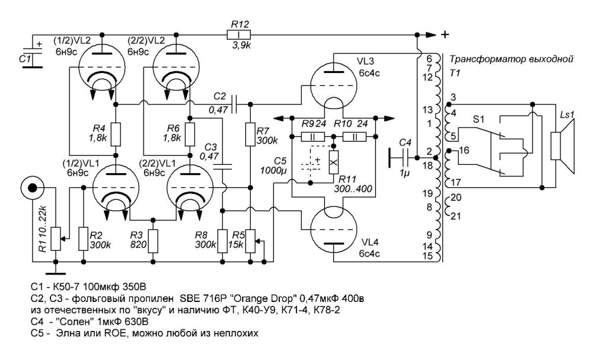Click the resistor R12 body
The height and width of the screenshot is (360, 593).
coord(240,34)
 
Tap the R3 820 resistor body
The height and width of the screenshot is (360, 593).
coord(153,241)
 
